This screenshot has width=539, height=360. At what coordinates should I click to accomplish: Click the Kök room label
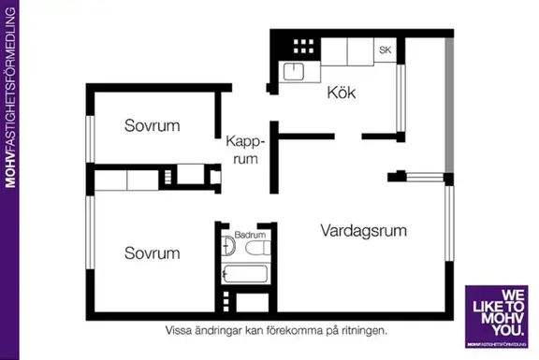pos(342,93)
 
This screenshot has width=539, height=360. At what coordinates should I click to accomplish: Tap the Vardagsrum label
pos(364,231)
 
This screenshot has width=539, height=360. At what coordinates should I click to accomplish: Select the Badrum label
pos(250,235)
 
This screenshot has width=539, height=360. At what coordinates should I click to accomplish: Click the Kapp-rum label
pos(245,151)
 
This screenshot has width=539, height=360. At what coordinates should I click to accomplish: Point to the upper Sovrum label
pos(152,125)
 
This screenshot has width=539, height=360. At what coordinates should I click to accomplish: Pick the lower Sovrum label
pos(152,253)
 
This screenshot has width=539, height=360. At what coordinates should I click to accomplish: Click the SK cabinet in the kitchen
pos(385,50)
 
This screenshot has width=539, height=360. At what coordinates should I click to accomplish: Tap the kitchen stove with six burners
pos(303,47)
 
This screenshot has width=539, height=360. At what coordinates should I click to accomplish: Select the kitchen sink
pos(293,72)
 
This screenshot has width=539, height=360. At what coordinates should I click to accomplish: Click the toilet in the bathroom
pos(258,248)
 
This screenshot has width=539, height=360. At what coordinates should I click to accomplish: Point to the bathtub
pos(244,274)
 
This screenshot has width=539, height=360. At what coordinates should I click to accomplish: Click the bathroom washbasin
pos(227,246)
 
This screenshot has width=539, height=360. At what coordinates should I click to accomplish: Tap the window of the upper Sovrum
pos(90,138)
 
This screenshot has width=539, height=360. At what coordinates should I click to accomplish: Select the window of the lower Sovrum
pos(90,233)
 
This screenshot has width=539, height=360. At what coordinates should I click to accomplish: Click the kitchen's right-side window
pos(401,98)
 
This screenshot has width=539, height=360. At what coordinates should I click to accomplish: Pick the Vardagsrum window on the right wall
pos(449,223)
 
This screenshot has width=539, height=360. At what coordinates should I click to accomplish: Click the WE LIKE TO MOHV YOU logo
pos(496,316)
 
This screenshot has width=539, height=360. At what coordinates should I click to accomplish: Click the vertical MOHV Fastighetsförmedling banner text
pos(10,97)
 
